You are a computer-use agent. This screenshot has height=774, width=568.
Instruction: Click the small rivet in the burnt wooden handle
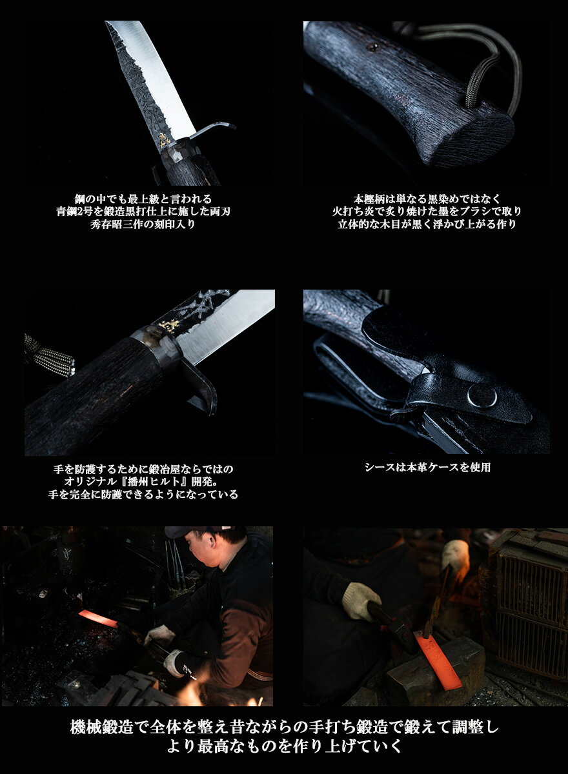[x=374, y=46]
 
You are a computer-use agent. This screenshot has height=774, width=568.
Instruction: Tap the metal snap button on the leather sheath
[x=482, y=395]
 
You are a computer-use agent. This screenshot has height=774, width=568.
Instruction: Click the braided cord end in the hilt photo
[x=52, y=355]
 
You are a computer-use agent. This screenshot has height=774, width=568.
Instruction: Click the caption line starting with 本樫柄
[x=427, y=199]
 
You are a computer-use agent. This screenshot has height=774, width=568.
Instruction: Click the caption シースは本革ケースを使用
[x=427, y=468]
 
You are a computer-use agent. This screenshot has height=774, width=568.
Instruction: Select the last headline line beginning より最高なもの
[x=284, y=748]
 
